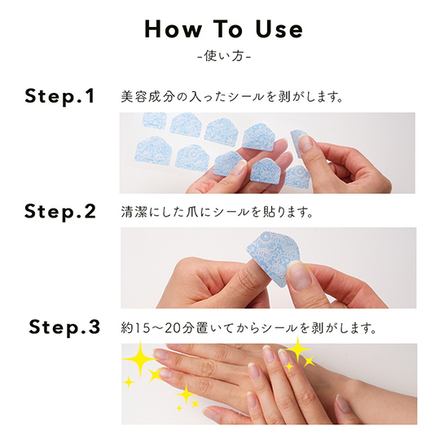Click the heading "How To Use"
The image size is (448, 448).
coord(224,29)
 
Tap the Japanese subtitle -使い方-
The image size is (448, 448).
coord(224,56)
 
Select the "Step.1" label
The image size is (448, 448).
coord(59,97)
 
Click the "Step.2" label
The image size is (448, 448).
coord(60,213)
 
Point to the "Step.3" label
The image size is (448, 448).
coord(64,327)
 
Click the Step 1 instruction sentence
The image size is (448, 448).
coord(231,97)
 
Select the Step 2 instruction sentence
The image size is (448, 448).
coord(217,213)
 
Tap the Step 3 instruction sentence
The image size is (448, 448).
coord(248,328)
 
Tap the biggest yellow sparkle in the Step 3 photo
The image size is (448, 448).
coord(139,358)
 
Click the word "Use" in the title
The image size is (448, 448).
coord(279,29)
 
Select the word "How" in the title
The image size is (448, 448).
coord(173,29)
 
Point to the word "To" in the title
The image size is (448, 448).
coord(228,29)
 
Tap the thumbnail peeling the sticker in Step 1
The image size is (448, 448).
coord(305,143)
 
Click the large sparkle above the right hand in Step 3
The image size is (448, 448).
coord(297,349)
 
